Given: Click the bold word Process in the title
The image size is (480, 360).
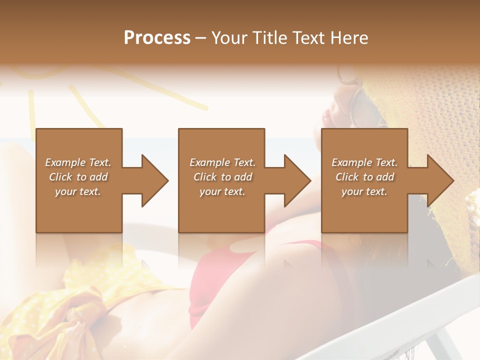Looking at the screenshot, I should coord(157,38).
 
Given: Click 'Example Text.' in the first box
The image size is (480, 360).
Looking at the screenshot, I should coord(78,162).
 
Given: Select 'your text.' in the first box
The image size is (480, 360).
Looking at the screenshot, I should coord(78,191).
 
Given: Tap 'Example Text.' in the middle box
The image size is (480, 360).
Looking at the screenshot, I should coord(222,162).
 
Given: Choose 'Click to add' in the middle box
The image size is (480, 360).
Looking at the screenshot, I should coord(222,177).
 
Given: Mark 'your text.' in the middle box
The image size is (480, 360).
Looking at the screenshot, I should coord(222,191).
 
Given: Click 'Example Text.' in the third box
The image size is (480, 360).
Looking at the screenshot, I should coord(364,162).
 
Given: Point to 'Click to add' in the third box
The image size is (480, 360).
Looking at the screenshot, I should coord(364,177).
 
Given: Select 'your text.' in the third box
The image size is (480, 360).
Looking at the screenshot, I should coord(364,191).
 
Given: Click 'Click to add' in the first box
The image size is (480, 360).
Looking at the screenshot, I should coord(78,177).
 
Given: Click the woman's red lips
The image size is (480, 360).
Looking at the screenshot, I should coord(329,117).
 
